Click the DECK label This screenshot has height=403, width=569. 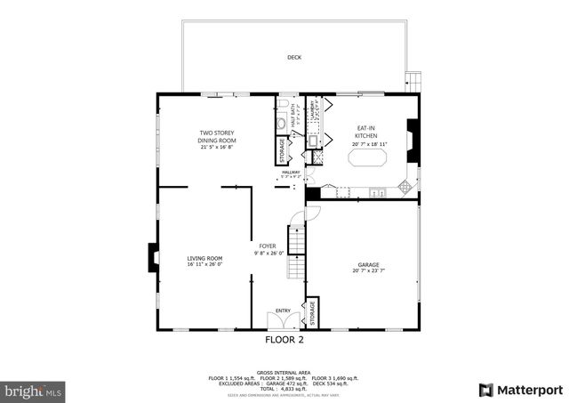pyautogui.click(x=294, y=58)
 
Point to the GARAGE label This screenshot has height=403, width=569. pyautogui.click(x=368, y=265)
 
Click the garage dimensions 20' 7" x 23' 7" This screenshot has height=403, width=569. pyautogui.click(x=368, y=270)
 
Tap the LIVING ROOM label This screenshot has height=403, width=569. pyautogui.click(x=204, y=259)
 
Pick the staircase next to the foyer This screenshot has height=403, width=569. pyautogui.click(x=297, y=249)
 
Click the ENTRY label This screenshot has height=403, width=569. pyautogui.click(x=283, y=310)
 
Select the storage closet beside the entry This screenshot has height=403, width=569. pyautogui.click(x=312, y=312)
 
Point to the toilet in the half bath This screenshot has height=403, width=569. pyautogui.click(x=281, y=125)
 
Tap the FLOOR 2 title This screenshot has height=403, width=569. pyautogui.click(x=284, y=340)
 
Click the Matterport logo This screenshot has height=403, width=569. pyautogui.click(x=521, y=390)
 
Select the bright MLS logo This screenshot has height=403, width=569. pyautogui.click(x=34, y=391)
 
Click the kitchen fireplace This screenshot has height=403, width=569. pyautogui.click(x=411, y=140)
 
